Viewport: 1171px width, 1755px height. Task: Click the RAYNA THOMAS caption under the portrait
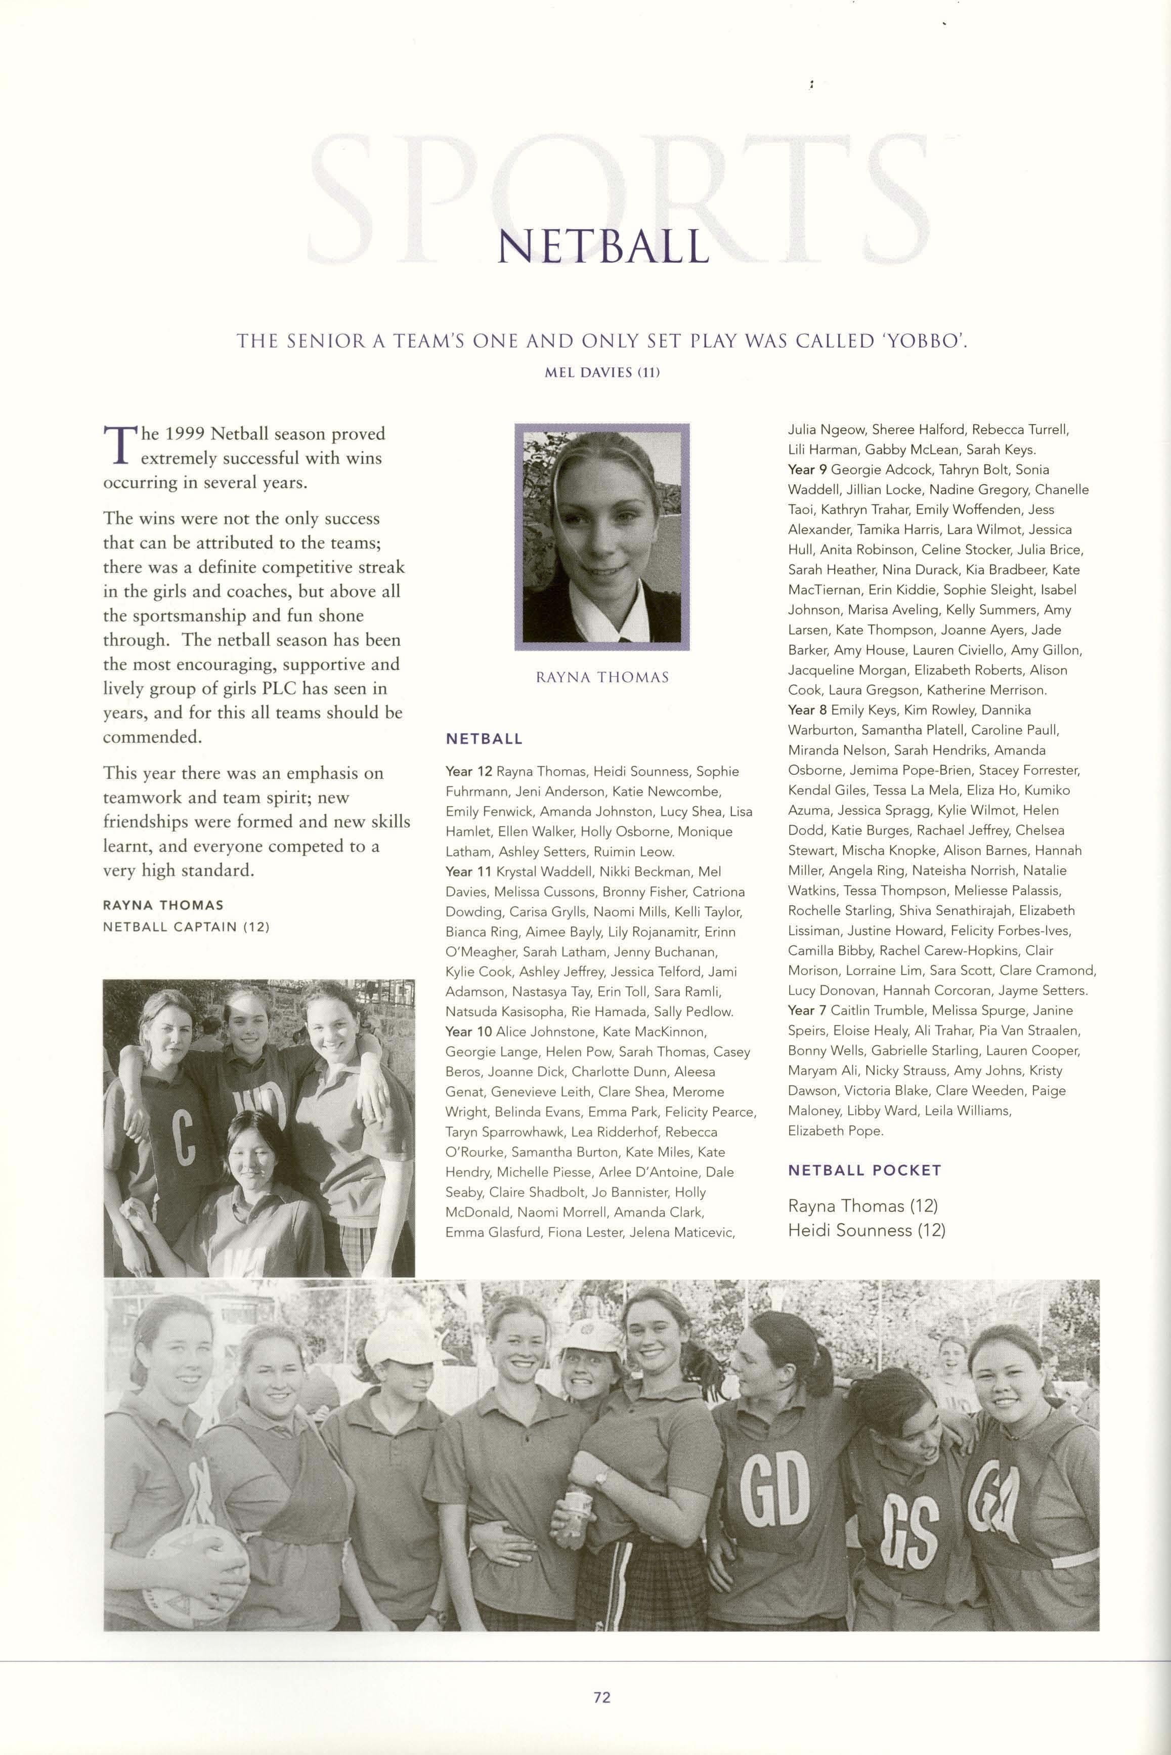click(x=602, y=677)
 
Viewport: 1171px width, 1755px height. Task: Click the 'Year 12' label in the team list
click(x=468, y=771)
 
